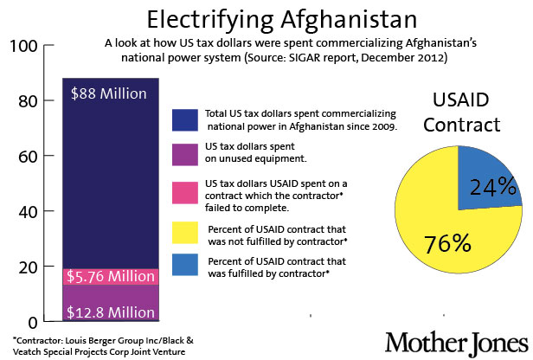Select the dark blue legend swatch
187,120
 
